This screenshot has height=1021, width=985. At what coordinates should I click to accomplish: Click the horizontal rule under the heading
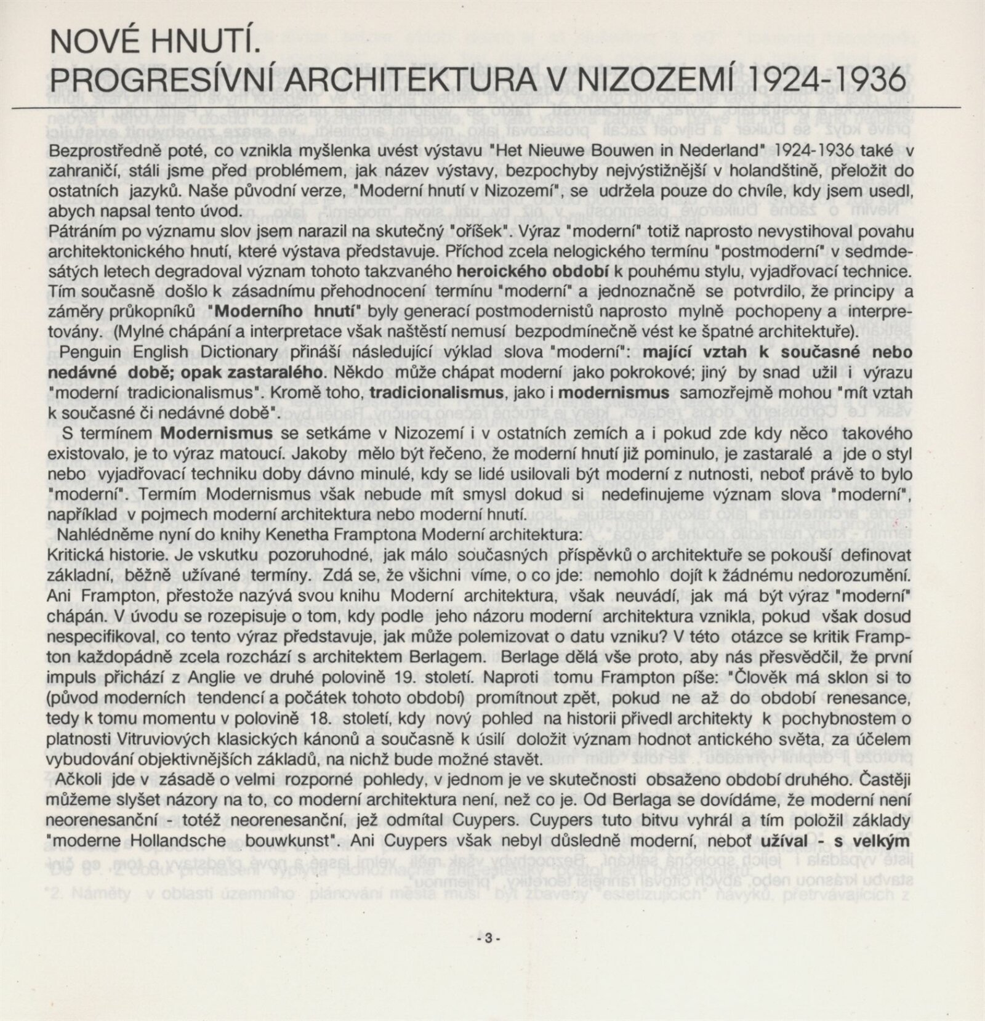point(492,108)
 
